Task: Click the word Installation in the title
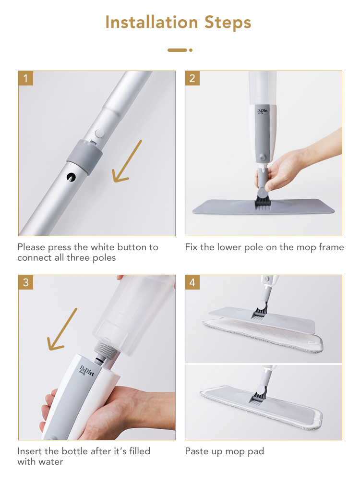pos(152,22)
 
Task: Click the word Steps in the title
pos(228,23)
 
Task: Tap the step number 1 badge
pos(25,78)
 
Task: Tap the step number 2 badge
pos(192,78)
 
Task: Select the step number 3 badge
pos(25,282)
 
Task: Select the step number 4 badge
pos(192,282)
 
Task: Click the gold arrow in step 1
pos(127,161)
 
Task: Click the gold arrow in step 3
pos(62,329)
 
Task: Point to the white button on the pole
pos(99,133)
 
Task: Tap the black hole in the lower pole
pos(71,177)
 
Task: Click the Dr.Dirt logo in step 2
pos(263,111)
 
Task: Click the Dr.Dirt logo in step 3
pos(87,371)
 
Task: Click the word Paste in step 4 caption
pos(197,451)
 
